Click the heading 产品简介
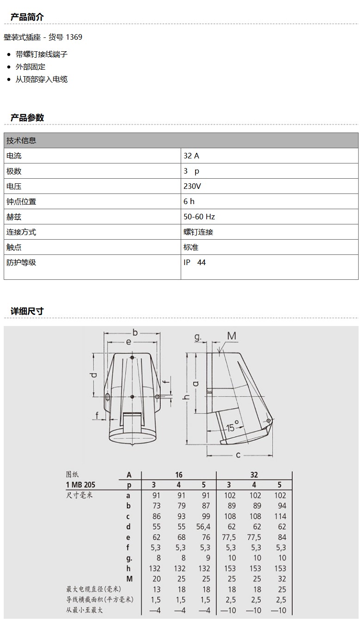(x=27, y=17)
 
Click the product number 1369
(x=73, y=37)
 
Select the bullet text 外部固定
(x=31, y=66)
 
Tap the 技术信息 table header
(x=21, y=140)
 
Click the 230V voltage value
(x=192, y=186)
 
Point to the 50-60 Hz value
(x=199, y=217)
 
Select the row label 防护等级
(x=21, y=262)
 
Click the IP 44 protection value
(x=195, y=262)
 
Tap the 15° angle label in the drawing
(x=232, y=427)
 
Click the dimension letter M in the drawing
(x=232, y=336)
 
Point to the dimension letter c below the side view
(x=238, y=455)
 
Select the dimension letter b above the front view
(x=135, y=332)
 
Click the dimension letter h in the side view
(x=187, y=397)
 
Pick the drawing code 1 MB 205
(x=80, y=484)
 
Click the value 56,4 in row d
(x=203, y=526)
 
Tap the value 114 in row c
(x=280, y=516)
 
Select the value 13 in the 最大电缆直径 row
(x=157, y=589)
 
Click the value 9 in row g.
(x=208, y=558)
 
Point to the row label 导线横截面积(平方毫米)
(x=99, y=599)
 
